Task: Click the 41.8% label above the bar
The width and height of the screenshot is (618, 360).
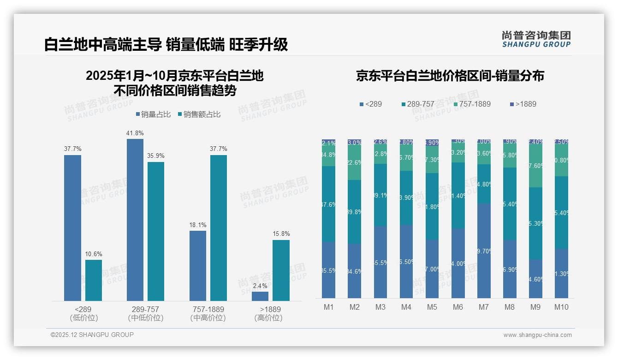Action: [135, 133]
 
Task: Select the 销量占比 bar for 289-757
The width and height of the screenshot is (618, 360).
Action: [135, 220]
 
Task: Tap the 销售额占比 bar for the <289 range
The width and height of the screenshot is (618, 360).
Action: [94, 280]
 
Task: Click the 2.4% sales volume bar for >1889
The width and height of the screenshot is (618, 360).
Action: [260, 296]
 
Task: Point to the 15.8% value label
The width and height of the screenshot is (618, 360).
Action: [281, 234]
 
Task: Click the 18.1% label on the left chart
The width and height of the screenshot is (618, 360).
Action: [198, 225]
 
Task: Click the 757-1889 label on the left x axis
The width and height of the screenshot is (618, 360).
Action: [208, 309]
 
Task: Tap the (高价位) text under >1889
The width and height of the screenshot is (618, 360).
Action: [268, 318]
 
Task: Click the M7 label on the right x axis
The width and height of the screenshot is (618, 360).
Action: [484, 307]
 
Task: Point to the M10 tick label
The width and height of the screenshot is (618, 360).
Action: [561, 307]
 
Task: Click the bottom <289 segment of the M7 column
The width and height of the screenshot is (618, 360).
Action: [484, 251]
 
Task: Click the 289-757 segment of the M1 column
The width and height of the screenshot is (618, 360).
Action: [329, 204]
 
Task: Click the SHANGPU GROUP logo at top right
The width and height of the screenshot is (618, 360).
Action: [536, 39]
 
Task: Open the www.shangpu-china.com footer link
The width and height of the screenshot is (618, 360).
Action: [537, 335]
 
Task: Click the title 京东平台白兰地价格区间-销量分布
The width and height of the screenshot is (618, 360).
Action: [450, 76]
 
